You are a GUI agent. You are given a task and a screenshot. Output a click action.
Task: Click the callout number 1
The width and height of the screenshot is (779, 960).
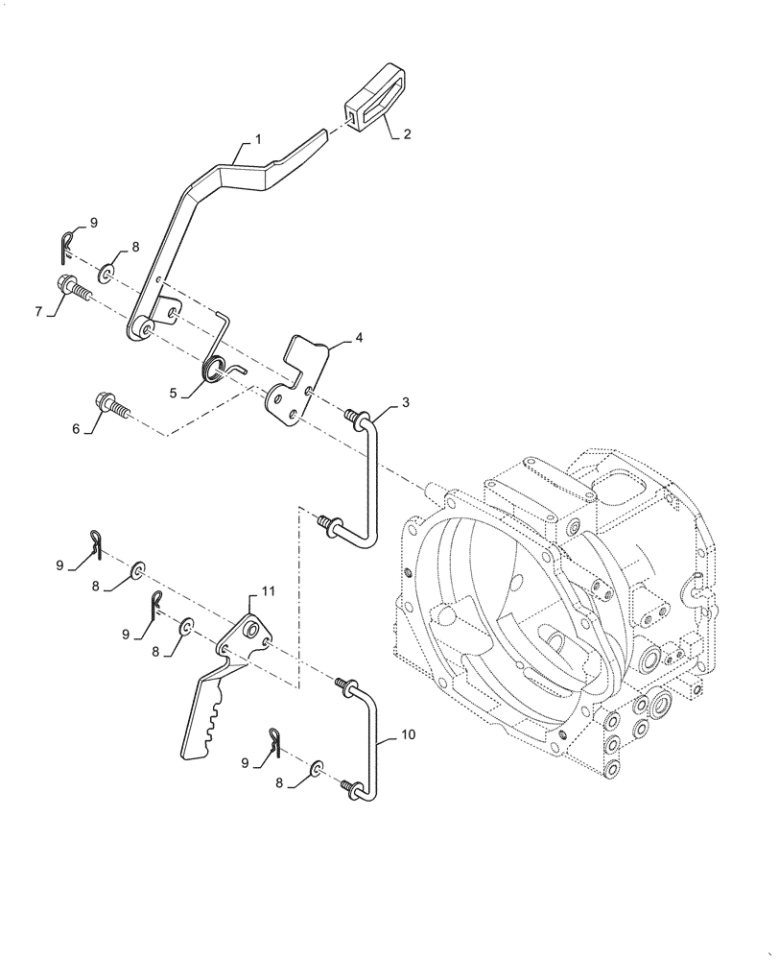256,140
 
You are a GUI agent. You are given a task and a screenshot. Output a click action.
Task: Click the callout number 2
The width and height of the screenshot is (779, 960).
407,135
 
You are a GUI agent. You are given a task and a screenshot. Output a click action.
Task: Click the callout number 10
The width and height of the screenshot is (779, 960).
408,735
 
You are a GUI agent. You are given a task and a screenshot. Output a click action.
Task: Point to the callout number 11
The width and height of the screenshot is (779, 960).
268,592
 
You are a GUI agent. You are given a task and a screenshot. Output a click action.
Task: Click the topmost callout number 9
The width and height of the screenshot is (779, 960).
94,223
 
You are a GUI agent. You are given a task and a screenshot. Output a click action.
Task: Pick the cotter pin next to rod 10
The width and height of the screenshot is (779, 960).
276,740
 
